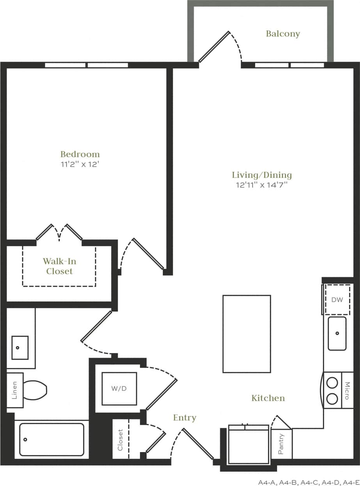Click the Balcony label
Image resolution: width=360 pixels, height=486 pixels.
tap(283, 34)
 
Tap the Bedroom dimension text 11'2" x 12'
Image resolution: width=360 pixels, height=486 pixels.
tap(80, 164)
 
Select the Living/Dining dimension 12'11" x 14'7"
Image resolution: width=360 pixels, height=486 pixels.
tap(261, 185)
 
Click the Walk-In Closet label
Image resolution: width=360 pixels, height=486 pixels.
tap(59, 266)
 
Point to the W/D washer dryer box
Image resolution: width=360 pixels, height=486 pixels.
tap(119, 389)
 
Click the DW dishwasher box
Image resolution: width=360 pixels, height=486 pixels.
tap(337, 300)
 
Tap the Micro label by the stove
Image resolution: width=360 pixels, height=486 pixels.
tap(347, 391)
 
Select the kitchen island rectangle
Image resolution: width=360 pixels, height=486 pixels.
tap(247, 334)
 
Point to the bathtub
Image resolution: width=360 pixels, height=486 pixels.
tap(51, 439)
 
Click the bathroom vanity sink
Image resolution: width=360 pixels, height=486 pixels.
tap(20, 347)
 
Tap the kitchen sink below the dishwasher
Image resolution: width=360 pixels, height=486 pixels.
tap(337, 334)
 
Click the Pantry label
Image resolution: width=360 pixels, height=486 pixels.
tap(281, 444)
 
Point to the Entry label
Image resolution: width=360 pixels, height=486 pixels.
tap(184, 418)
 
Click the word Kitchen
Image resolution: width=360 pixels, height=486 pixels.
tap(268, 398)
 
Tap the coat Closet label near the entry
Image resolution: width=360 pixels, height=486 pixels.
tap(120, 440)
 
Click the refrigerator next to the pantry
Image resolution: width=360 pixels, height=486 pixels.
tap(248, 444)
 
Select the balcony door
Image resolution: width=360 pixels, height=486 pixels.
tap(214, 47)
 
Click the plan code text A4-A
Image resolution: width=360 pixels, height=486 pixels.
tap(267, 482)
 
